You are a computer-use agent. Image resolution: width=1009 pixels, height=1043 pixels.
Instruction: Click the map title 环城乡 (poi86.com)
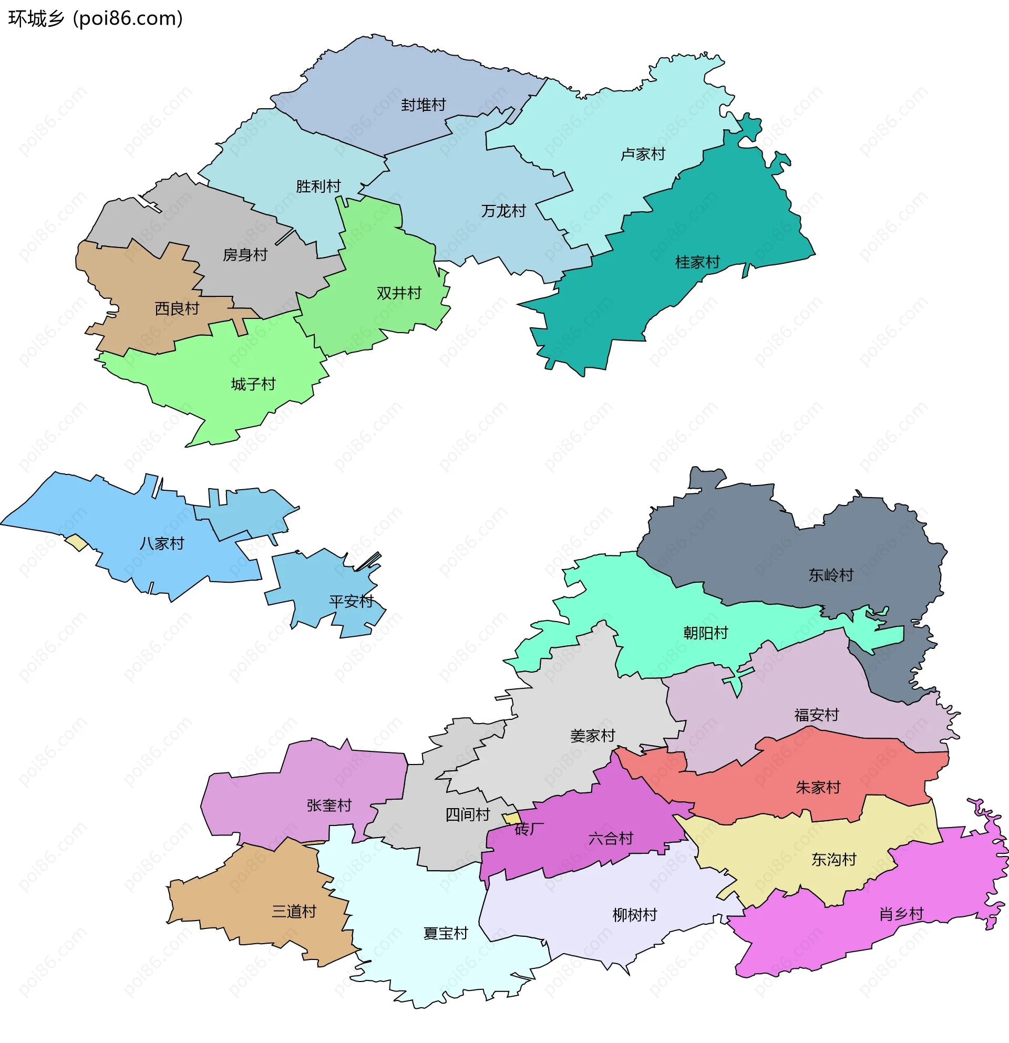tap(96, 18)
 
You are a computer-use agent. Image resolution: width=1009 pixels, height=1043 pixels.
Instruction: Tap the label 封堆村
tap(423, 105)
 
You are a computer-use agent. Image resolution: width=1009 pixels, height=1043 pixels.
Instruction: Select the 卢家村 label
tap(643, 154)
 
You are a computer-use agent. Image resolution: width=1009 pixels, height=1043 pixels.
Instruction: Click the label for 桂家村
tap(697, 262)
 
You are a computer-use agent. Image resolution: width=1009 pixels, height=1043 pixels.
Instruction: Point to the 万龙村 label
tap(503, 211)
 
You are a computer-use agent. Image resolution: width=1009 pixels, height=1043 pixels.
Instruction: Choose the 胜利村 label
tap(318, 186)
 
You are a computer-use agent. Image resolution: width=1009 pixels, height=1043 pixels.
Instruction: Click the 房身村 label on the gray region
tap(245, 255)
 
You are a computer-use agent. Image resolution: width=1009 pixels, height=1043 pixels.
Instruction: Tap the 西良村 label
tap(177, 308)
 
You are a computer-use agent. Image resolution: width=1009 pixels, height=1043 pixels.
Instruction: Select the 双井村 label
tap(398, 293)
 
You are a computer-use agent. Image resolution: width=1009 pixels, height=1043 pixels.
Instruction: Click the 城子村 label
tap(253, 384)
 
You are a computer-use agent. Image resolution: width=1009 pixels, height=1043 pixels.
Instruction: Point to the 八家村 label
tap(162, 543)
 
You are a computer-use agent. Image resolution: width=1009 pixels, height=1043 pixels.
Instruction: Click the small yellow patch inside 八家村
tap(77, 542)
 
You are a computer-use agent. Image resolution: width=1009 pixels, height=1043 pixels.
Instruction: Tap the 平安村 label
tap(351, 601)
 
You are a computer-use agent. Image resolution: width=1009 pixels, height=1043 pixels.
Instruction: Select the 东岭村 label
tap(830, 575)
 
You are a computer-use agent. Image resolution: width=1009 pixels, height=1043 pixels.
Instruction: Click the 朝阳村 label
tap(705, 633)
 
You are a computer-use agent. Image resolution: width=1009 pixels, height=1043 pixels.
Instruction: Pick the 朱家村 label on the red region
tap(817, 787)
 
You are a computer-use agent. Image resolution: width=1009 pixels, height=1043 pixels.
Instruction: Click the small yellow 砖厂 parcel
tap(512, 819)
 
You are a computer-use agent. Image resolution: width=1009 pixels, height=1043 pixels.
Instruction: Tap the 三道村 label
tap(294, 912)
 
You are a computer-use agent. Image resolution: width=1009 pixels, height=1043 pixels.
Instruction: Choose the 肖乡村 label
tap(901, 914)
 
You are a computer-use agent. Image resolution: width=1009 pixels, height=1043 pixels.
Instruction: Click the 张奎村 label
tap(329, 806)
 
